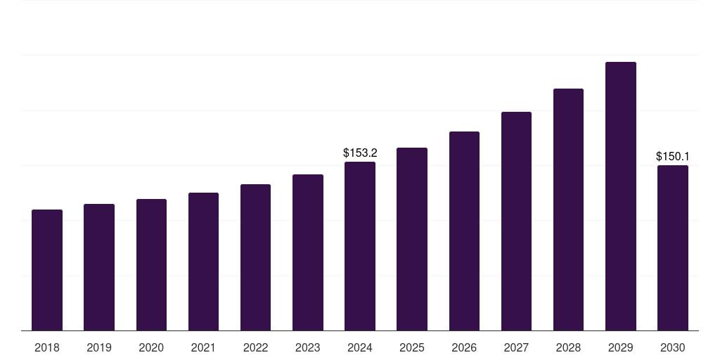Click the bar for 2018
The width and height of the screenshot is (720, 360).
point(47,270)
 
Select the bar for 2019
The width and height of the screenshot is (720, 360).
point(99,267)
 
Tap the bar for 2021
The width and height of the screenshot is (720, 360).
point(203,262)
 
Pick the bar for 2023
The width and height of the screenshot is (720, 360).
point(308,252)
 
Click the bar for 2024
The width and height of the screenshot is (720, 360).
point(360,246)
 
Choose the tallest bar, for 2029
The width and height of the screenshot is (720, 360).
point(621,196)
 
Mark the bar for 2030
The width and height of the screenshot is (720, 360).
point(673,247)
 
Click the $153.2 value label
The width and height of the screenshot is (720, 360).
point(360,153)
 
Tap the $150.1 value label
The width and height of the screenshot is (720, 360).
point(673,156)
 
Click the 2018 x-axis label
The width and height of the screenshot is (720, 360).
point(47,347)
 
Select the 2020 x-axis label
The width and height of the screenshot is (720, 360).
point(151,347)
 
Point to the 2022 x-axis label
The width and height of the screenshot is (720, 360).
point(255,347)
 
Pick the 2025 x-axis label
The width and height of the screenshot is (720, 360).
point(412,347)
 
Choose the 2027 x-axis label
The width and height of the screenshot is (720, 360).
point(516,347)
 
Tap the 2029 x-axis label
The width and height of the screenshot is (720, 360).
point(621,347)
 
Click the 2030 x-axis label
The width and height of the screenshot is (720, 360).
point(673,347)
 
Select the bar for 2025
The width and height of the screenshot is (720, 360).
point(412,239)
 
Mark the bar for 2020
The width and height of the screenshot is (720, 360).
point(151,264)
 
